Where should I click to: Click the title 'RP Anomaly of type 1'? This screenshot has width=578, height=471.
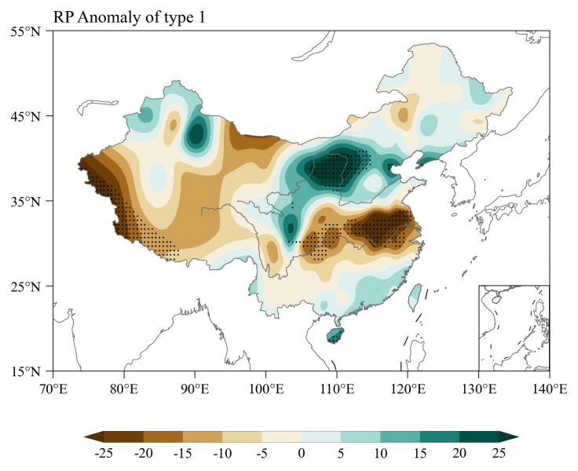pos(129,16)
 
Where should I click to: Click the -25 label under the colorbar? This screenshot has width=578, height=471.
pos(104,453)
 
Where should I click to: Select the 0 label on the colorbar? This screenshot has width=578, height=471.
pos(301,453)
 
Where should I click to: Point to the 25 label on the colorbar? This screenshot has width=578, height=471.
pos(499,453)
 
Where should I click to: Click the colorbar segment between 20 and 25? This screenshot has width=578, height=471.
pos(479,436)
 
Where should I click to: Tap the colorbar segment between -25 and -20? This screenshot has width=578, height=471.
pos(123,436)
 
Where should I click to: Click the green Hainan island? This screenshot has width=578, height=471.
pos(335,334)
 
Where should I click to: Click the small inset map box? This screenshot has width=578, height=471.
pos(514,327)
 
